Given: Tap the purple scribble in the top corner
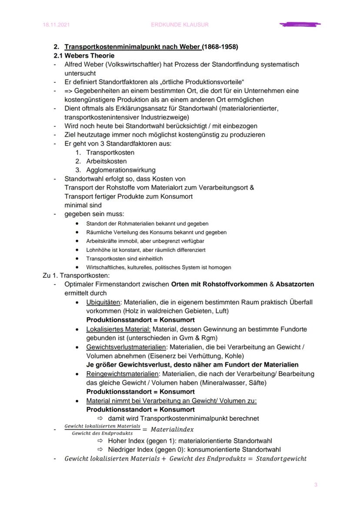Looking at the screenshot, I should (x=300, y=25).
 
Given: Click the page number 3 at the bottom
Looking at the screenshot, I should (x=316, y=485).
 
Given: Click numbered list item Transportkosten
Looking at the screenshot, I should (x=110, y=153).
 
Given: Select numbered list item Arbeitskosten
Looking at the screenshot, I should (x=107, y=161).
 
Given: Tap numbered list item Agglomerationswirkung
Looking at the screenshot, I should (x=120, y=170).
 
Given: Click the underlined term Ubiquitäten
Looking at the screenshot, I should (x=103, y=302).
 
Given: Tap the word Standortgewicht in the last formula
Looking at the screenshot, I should (x=281, y=459).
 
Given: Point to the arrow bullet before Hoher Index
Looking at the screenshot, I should (x=100, y=440).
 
